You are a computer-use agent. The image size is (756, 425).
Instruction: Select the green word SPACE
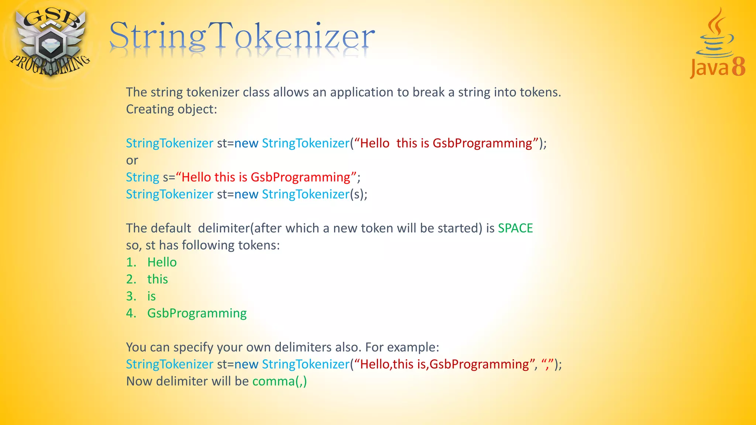coord(515,228)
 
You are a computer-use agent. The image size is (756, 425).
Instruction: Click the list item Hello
coord(162,262)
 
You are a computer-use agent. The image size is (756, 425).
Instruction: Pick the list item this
coord(157,279)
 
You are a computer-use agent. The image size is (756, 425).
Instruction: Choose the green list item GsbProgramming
coord(197,313)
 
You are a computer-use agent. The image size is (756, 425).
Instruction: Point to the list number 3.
coord(131,296)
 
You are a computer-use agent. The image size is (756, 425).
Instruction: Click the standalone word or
coord(132,160)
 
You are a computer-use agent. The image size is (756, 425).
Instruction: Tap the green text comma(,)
coord(279,381)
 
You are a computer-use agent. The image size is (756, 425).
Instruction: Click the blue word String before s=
coord(142,177)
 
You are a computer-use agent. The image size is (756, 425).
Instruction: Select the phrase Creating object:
coord(172,109)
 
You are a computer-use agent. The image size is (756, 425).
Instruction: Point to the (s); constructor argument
coord(358,194)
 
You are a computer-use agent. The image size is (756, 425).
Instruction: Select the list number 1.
coord(131,262)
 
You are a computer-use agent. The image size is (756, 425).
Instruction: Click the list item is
coord(151,296)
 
